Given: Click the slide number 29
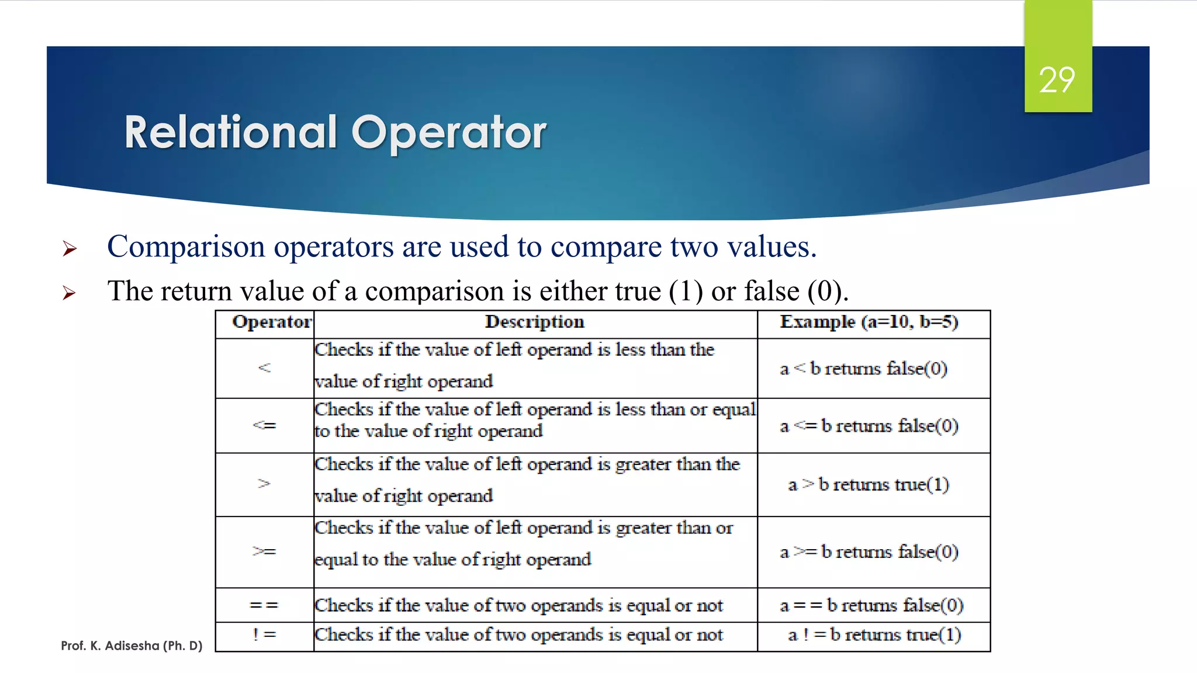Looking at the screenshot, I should tap(1057, 80).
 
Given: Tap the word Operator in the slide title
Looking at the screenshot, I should tap(448, 132).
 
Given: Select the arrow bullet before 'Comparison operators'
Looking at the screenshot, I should tap(70, 249).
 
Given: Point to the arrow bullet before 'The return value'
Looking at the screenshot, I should tap(70, 293).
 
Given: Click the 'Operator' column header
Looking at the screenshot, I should tap(272, 322).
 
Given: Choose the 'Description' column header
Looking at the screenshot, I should tap(534, 322).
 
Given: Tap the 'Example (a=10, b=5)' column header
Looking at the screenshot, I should tap(869, 322).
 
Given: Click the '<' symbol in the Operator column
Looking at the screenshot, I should tap(264, 367).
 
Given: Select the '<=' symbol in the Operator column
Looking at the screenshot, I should tap(264, 425).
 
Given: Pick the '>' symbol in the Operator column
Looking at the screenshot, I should tap(264, 484).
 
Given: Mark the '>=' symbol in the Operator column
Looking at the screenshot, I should tap(264, 551).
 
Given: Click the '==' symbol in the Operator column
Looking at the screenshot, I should tap(264, 605).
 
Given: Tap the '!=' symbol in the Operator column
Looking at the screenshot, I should tap(264, 635).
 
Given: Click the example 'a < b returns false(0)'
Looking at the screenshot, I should tap(863, 369).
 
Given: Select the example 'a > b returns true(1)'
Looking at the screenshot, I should tap(869, 484).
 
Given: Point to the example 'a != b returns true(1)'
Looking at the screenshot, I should tap(874, 634).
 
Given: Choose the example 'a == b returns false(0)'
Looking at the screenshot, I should tap(871, 605).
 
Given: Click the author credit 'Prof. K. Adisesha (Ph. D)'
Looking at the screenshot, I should tap(132, 646).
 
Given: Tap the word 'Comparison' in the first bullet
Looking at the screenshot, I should tap(186, 247).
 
